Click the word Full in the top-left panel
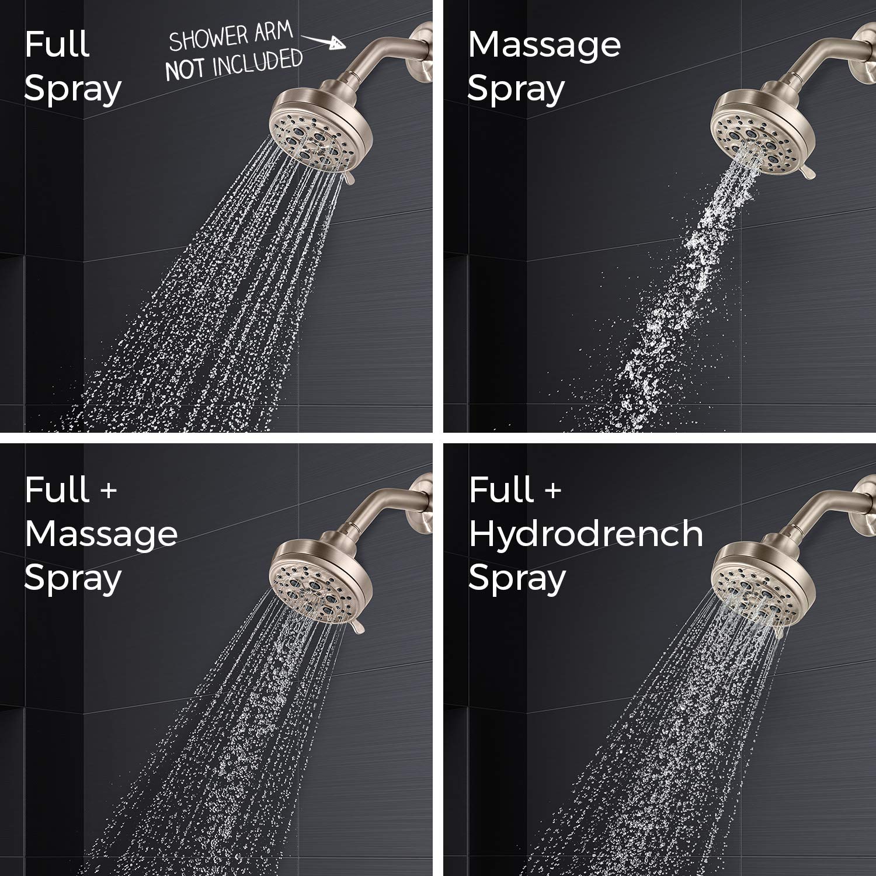(x=57, y=44)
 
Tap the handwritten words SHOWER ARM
(x=230, y=37)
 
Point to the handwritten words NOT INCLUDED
(x=234, y=64)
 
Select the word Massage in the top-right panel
(x=544, y=46)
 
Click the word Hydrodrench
(x=586, y=534)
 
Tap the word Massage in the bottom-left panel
(x=101, y=534)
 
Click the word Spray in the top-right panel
(x=516, y=89)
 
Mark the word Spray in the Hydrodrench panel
(x=517, y=578)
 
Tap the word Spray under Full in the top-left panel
(x=72, y=89)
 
